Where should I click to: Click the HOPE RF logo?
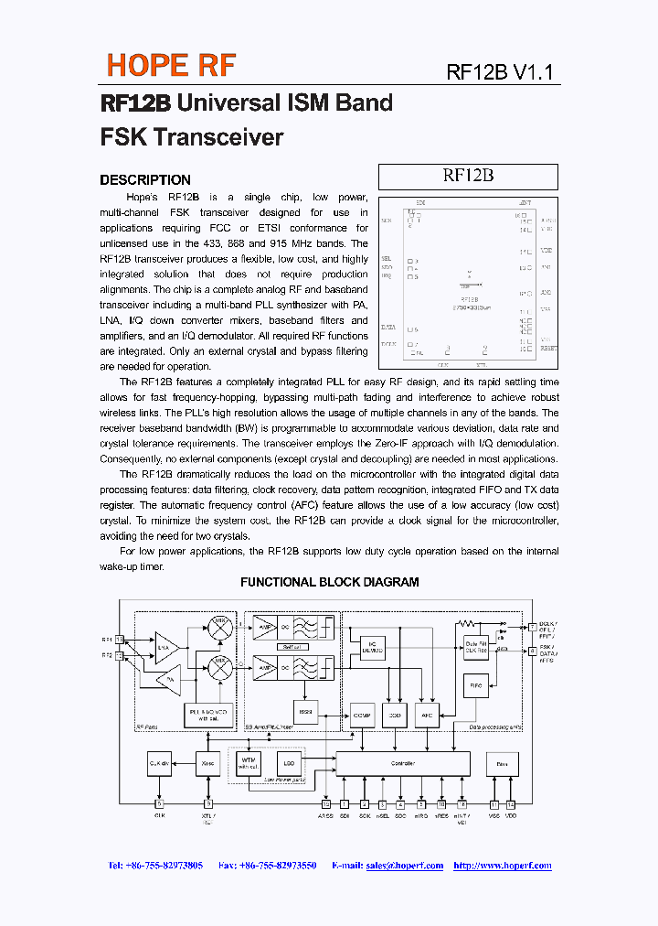171,65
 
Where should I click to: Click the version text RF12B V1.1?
500,73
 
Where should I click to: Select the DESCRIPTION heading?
145,180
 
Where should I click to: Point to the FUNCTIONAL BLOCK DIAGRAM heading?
329,582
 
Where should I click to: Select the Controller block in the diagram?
403,763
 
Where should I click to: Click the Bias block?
501,763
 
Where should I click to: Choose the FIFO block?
476,684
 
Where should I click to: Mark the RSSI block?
307,712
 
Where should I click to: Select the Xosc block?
209,763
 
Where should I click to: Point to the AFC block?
427,714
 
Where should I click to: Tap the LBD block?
290,763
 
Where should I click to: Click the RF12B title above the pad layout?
468,176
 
